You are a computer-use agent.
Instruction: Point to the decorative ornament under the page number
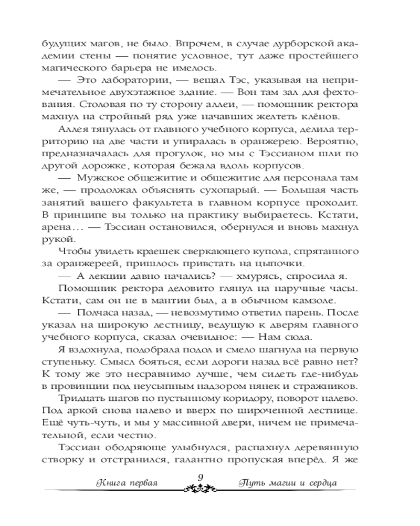coord(200,488)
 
